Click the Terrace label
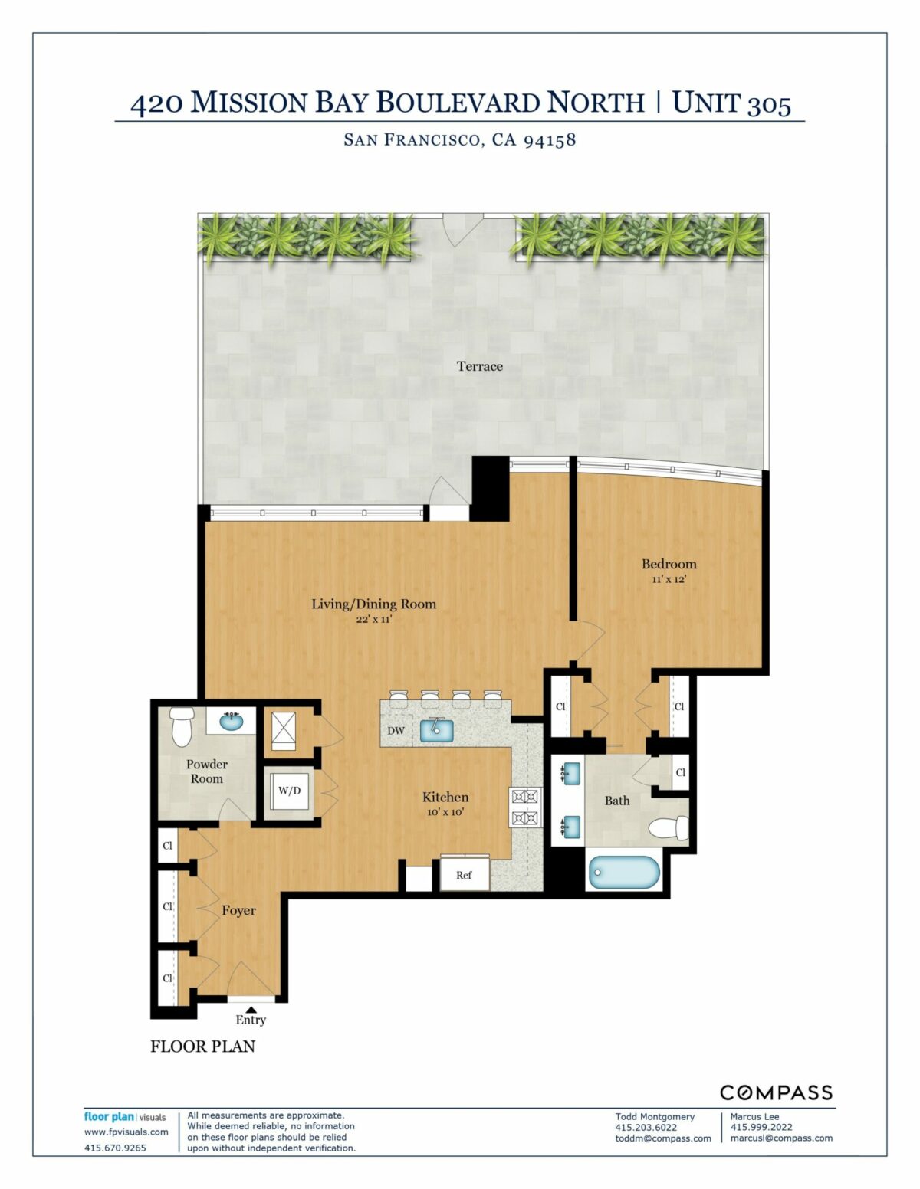479,366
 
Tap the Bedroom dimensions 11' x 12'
669,579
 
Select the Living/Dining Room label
374,604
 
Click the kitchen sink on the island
436,730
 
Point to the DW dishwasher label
396,730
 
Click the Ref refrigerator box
464,874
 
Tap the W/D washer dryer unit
289,791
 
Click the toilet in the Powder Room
181,726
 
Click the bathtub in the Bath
624,872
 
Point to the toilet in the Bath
669,828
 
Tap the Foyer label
238,910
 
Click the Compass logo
776,1092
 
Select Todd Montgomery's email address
662,1138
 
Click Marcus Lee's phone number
761,1127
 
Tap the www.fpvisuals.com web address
126,1132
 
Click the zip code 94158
550,140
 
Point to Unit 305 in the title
731,103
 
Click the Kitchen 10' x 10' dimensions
445,812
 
